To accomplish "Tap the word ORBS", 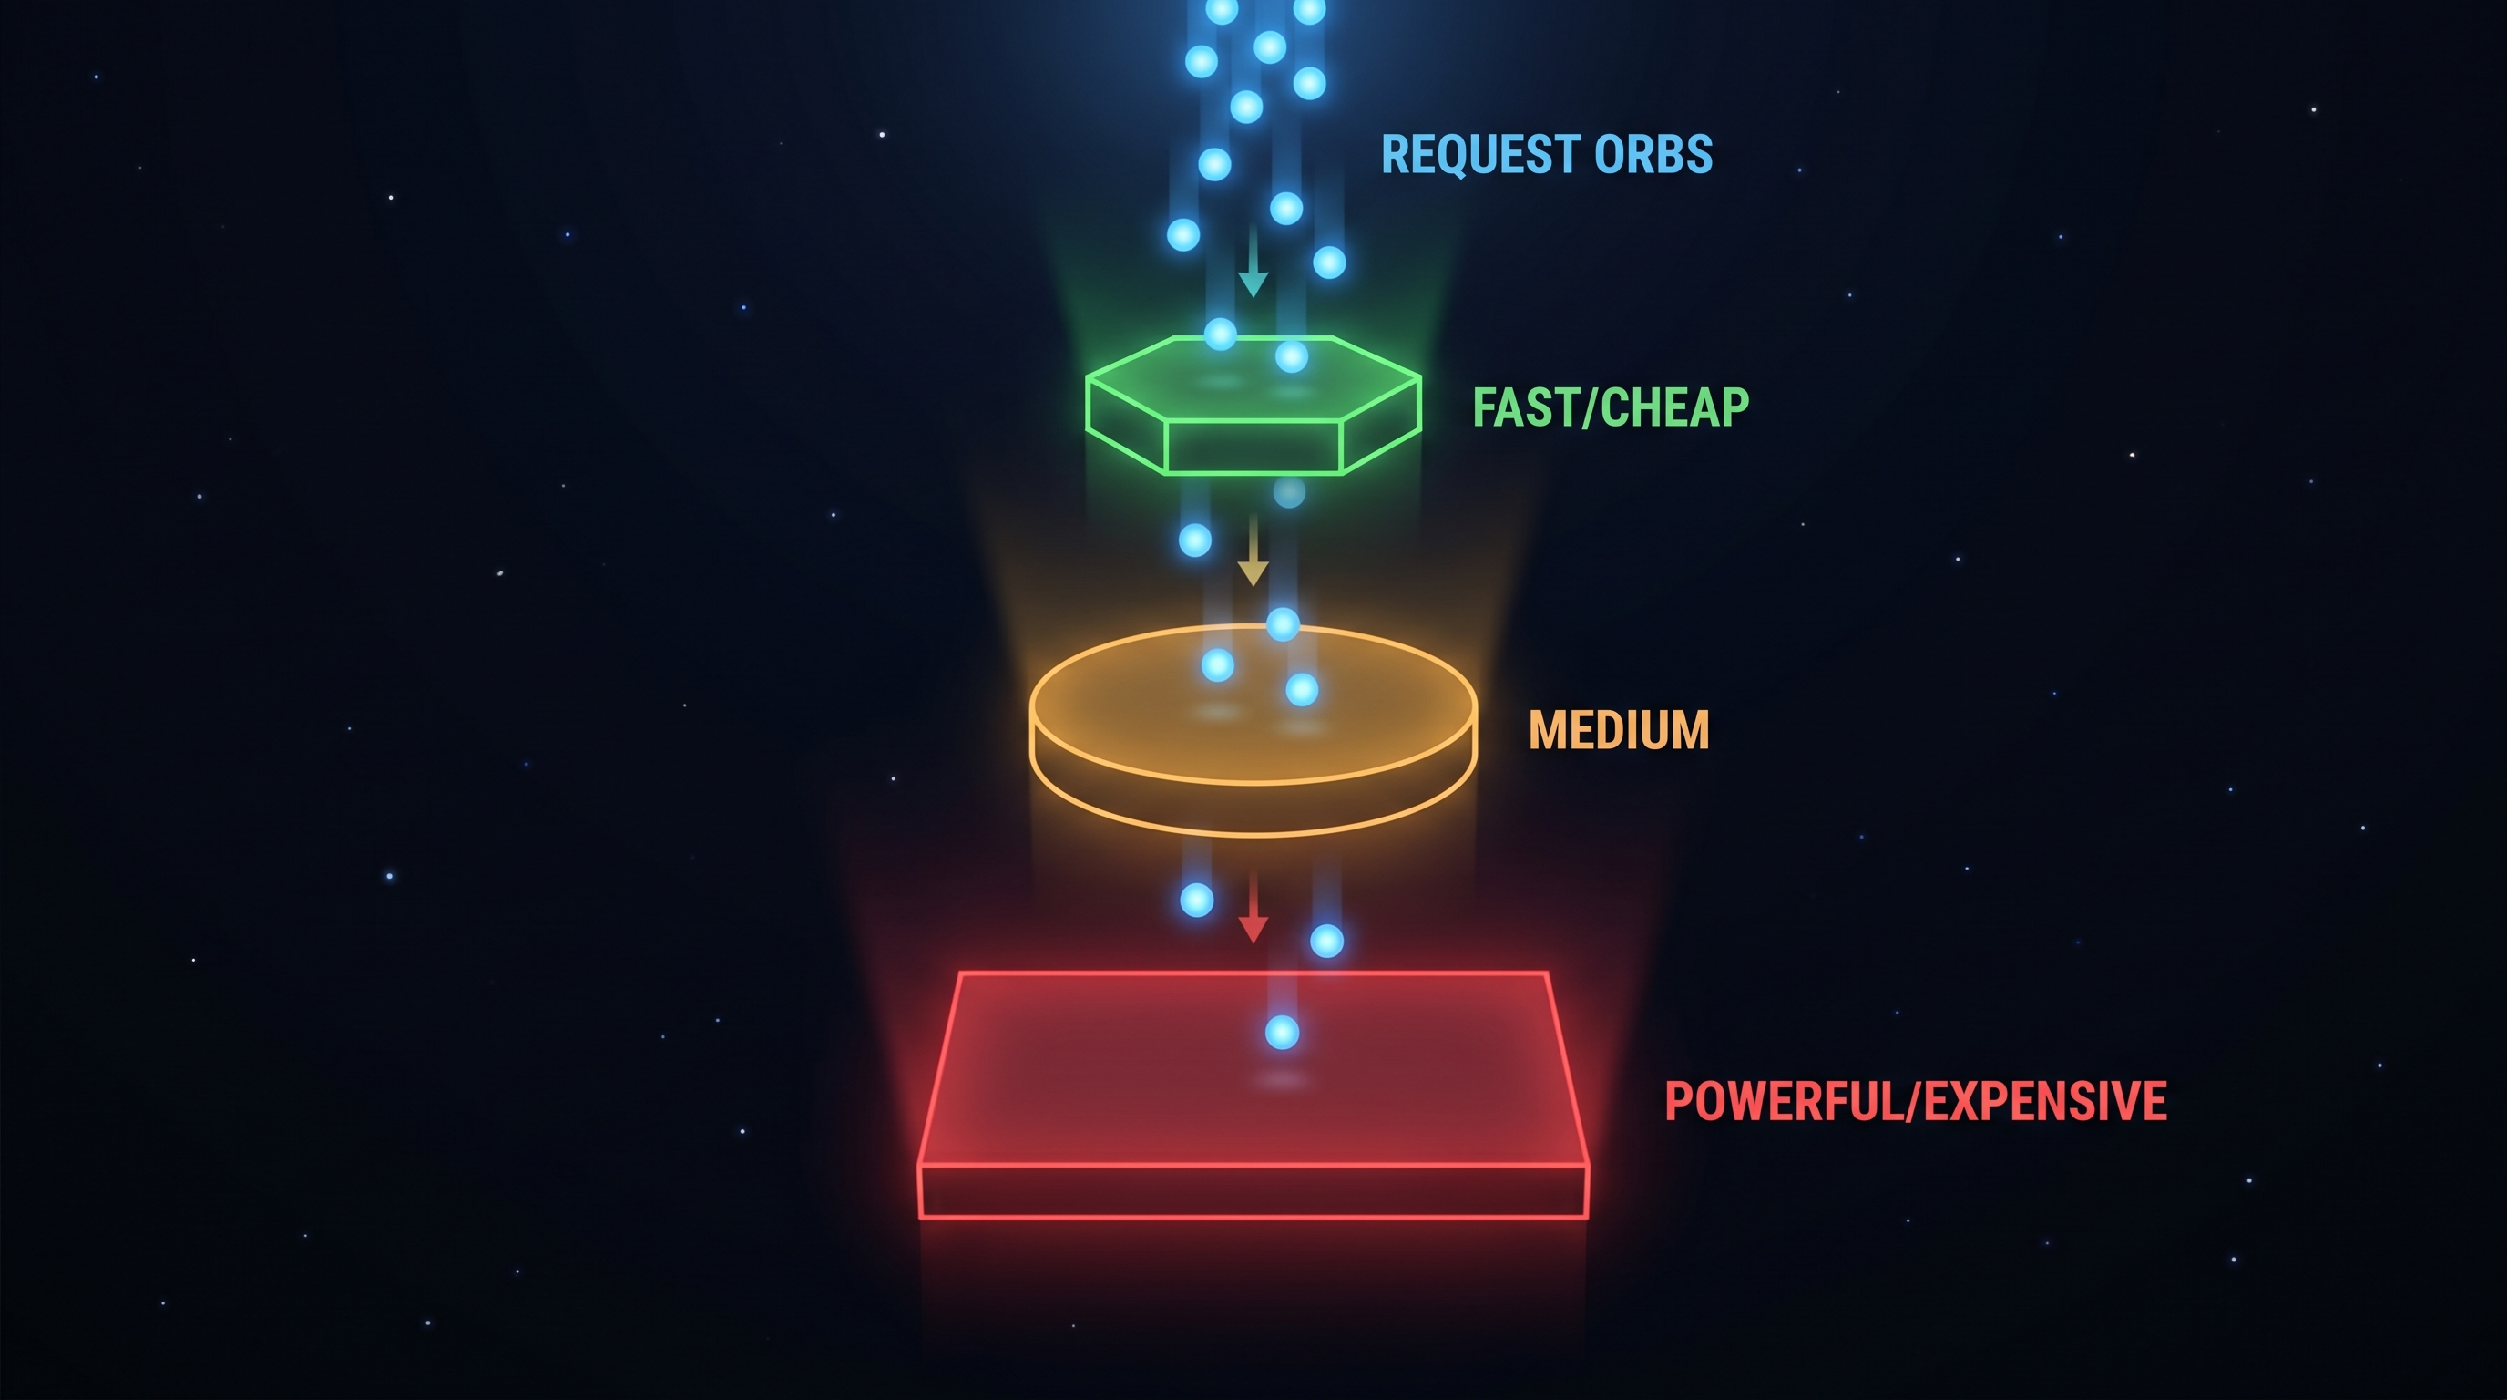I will (1654, 155).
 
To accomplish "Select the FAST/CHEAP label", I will (1611, 408).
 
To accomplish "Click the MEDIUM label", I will (1619, 730).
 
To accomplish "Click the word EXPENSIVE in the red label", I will (2045, 1102).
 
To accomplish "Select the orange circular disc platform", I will (1253, 720).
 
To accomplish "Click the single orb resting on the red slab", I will (1282, 1032).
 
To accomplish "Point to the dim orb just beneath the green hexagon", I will (1290, 492).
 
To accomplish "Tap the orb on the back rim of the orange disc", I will (1283, 624).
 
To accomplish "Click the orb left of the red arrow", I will (1196, 901).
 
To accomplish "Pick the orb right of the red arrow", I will (1326, 942).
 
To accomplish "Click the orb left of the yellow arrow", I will (1195, 540).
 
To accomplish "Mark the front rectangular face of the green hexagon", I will (1253, 448).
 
